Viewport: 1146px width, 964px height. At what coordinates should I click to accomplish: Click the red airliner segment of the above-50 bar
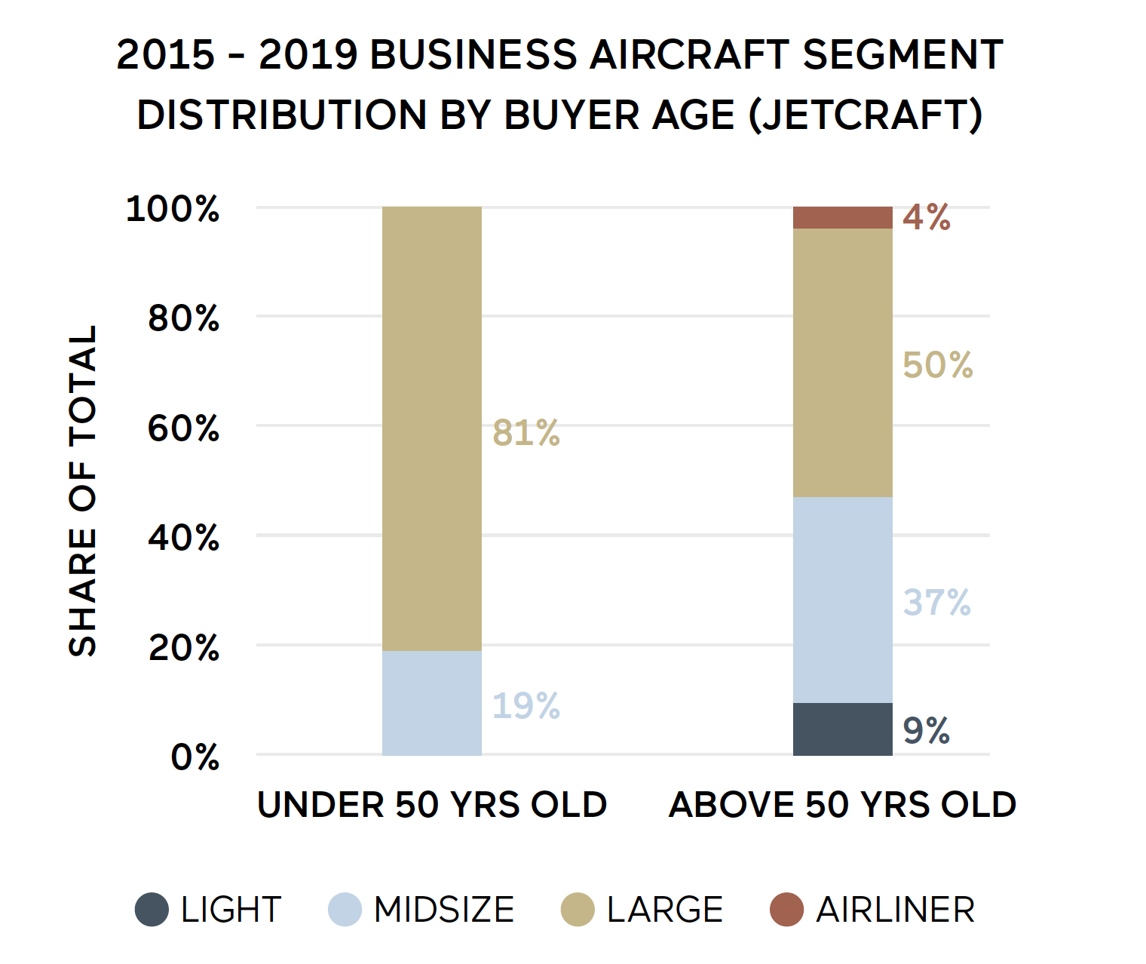point(842,217)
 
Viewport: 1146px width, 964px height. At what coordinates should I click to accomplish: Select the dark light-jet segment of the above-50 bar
point(842,729)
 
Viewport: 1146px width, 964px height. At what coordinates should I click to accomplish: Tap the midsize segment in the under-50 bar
point(431,703)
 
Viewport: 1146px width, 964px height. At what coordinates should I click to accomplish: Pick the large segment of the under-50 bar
point(431,428)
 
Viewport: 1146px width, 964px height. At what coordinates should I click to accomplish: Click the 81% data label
point(526,433)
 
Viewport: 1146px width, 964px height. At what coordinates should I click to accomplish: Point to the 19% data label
point(526,706)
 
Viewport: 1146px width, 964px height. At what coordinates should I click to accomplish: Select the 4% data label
point(927,217)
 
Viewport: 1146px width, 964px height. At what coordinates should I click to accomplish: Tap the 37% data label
point(937,602)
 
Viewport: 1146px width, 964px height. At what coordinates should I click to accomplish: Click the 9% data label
point(927,730)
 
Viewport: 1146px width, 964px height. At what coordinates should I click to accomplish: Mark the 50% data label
point(938,365)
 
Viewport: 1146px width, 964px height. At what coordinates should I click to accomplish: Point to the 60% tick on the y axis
point(183,428)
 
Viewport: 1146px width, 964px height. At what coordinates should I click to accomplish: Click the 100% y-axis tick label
point(173,209)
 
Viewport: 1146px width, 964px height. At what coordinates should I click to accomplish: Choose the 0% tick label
point(195,757)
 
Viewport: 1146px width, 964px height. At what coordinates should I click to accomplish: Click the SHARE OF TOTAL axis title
point(83,490)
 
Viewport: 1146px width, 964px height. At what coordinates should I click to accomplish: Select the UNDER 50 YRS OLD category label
point(432,805)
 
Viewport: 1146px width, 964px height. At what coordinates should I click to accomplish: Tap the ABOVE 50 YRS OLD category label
point(842,805)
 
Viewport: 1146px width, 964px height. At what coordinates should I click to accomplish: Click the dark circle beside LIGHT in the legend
point(152,909)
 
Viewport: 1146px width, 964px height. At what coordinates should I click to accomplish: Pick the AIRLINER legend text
point(895,909)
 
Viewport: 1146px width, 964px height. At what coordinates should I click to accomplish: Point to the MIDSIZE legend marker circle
point(345,909)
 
